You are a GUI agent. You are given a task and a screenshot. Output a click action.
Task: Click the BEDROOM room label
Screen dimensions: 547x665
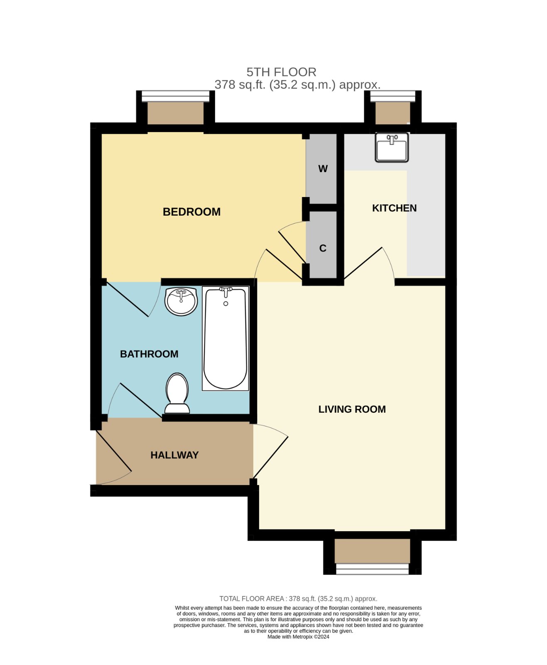coord(191,212)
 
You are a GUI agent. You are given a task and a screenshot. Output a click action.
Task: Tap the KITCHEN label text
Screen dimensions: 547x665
coord(394,208)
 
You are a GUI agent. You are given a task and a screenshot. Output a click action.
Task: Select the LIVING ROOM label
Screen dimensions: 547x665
coord(352,409)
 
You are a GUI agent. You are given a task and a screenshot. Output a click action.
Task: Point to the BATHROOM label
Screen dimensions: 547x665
coord(149,354)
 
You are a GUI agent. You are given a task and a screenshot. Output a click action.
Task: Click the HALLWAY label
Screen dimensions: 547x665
coord(174,455)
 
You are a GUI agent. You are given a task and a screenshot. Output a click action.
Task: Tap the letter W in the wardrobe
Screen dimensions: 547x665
coord(323,169)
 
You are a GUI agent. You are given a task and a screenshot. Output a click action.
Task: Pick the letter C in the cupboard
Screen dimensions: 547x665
coord(323,248)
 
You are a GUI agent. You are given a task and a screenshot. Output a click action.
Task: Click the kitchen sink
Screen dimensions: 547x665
coord(392,147)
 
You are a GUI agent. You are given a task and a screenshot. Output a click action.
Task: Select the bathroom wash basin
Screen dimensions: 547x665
coord(181,301)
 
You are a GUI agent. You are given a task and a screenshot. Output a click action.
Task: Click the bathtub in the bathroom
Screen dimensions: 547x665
coord(225,338)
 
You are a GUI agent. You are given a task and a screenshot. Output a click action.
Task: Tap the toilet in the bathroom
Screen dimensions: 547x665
coord(177,393)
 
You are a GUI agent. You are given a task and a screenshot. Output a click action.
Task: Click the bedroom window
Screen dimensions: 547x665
coord(176,96)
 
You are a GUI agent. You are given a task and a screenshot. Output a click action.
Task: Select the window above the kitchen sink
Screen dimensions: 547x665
coord(392,96)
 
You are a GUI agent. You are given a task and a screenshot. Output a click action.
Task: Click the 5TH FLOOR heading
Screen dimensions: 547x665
coord(281,72)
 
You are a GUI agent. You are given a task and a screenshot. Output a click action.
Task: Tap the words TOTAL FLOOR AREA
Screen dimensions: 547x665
coord(252,598)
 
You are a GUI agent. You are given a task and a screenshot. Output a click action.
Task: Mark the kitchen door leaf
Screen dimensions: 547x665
coord(363,263)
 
